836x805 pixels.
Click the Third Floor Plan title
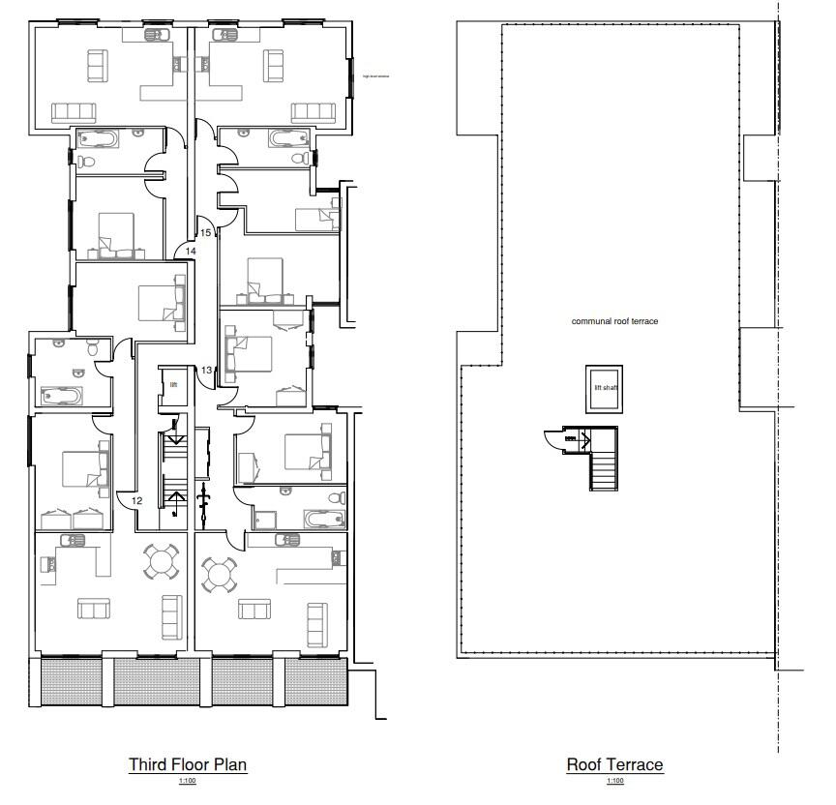(188, 764)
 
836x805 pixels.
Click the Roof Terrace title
(614, 764)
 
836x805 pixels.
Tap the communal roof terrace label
(614, 320)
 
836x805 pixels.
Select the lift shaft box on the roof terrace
(605, 388)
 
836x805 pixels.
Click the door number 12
(136, 500)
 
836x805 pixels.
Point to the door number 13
(206, 371)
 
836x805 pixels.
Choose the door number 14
(191, 251)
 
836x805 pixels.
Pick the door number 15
(205, 232)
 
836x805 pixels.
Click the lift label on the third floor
(174, 384)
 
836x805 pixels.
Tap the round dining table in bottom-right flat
(220, 574)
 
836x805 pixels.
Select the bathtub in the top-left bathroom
(98, 138)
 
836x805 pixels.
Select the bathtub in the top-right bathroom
(290, 137)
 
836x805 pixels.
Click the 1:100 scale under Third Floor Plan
(188, 781)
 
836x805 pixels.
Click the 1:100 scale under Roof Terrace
(614, 781)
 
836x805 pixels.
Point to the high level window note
(375, 75)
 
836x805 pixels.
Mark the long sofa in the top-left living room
(76, 111)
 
